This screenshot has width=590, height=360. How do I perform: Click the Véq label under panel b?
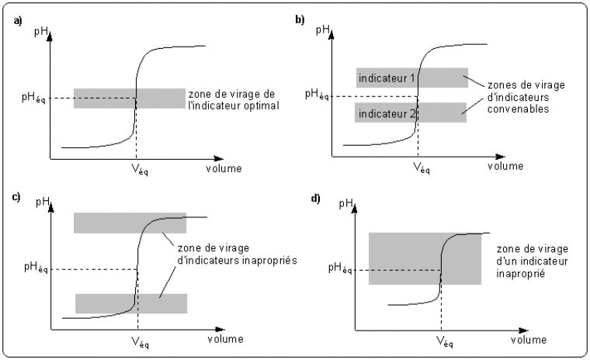(x=420, y=167)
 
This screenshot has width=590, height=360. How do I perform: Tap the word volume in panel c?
(x=224, y=339)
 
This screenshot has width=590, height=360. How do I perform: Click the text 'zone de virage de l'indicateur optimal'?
(x=233, y=99)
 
